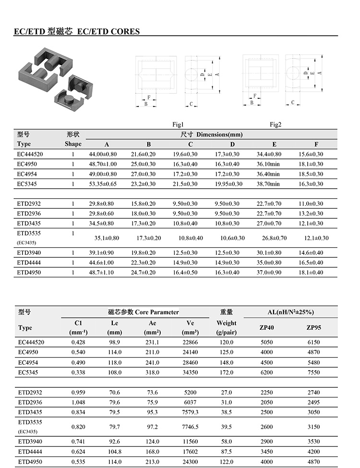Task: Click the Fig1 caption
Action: pyautogui.click(x=178, y=124)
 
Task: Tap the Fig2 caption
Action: pyautogui.click(x=276, y=124)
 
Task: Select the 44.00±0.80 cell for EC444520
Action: pyautogui.click(x=103, y=154)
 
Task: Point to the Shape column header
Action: pyautogui.click(x=73, y=144)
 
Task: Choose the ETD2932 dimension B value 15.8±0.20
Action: pyautogui.click(x=143, y=204)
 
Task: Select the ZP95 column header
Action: pyautogui.click(x=313, y=328)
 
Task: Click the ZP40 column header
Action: pyautogui.click(x=266, y=328)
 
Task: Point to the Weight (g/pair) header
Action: pyautogui.click(x=227, y=327)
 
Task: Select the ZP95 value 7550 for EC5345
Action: pyautogui.click(x=313, y=372)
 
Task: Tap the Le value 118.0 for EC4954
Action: pyautogui.click(x=115, y=362)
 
